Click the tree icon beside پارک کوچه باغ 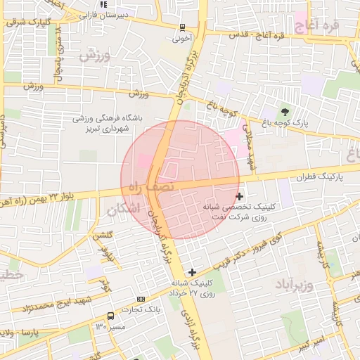pyautogui.click(x=284, y=111)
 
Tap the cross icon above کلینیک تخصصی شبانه pyautogui.click(x=240, y=196)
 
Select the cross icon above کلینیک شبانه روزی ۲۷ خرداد pyautogui.click(x=192, y=271)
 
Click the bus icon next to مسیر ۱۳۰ pyautogui.click(x=110, y=316)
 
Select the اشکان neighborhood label pyautogui.click(x=124, y=210)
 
